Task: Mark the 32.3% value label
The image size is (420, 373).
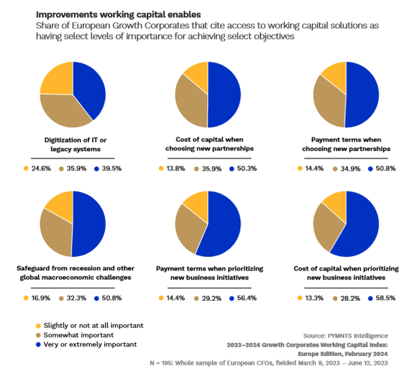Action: pyautogui.click(x=77, y=298)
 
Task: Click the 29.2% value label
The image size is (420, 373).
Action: pyautogui.click(x=211, y=298)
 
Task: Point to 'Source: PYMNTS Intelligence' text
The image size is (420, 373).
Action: pyautogui.click(x=346, y=336)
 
